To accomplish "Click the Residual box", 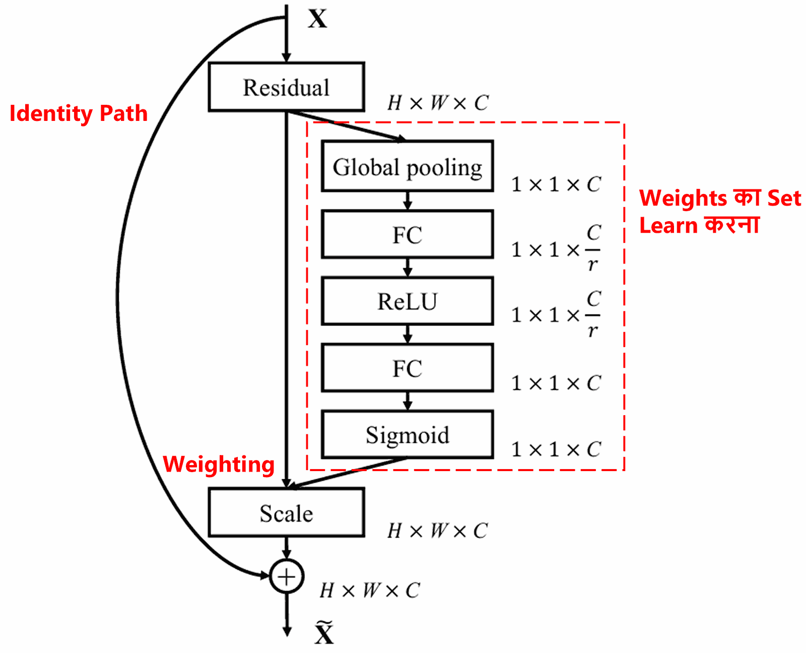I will [x=286, y=87].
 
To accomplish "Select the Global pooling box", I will [x=407, y=166].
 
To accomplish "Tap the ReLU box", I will [x=407, y=301].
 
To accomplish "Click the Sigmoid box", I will [x=407, y=434].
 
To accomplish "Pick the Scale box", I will [x=286, y=512].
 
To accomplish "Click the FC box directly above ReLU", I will [x=407, y=235].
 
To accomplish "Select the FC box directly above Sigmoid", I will [x=407, y=368].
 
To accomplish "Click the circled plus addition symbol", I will [x=286, y=576].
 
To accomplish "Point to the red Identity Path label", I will [x=79, y=113].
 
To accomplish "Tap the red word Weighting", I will [x=219, y=464].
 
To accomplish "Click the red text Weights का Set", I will [x=719, y=198].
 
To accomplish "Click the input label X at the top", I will [x=317, y=19].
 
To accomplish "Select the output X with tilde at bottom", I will [x=324, y=633].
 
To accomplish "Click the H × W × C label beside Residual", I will [x=437, y=103].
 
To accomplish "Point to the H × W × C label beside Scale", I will [x=437, y=531].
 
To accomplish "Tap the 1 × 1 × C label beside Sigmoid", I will [x=556, y=449].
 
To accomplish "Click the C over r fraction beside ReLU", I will [x=593, y=315].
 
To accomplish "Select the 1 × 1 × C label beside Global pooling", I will [x=556, y=184].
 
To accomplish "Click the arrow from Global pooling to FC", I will [x=408, y=201].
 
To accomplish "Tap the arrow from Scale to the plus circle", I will [x=286, y=548].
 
